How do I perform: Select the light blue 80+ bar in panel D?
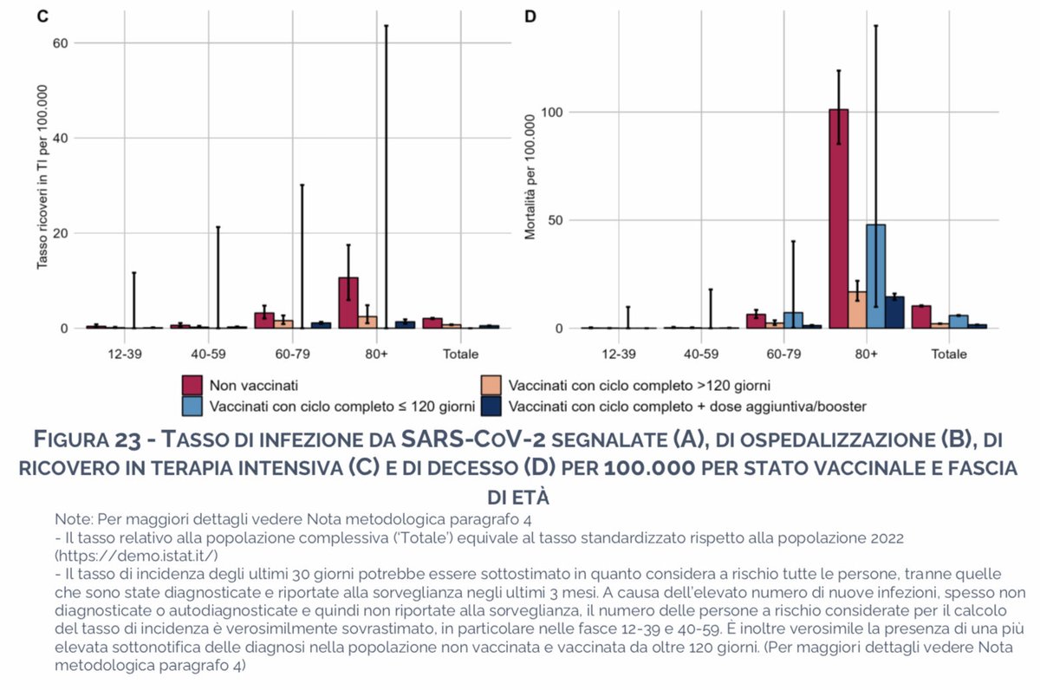point(875,277)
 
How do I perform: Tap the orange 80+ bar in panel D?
point(856,310)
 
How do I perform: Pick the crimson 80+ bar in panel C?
point(348,303)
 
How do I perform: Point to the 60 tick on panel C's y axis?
point(59,42)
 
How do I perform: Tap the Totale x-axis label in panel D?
point(949,355)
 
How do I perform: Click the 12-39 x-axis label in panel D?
point(617,355)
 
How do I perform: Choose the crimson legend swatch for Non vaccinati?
point(192,384)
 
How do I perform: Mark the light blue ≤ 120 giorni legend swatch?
point(192,405)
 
